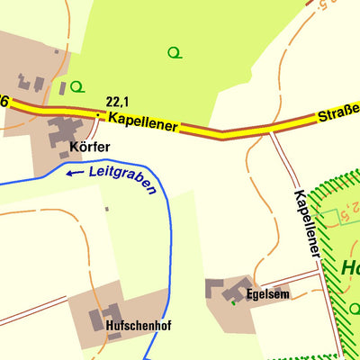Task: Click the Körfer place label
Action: coord(88,147)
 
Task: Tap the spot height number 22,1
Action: coord(118,103)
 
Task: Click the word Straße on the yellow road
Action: coord(337,114)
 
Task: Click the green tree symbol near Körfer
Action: coord(78,86)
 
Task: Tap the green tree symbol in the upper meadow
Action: coord(175,52)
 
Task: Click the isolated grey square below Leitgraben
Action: coord(106,209)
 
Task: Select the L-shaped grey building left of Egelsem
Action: coord(215,289)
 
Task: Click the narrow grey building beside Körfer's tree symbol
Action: coord(62,88)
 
